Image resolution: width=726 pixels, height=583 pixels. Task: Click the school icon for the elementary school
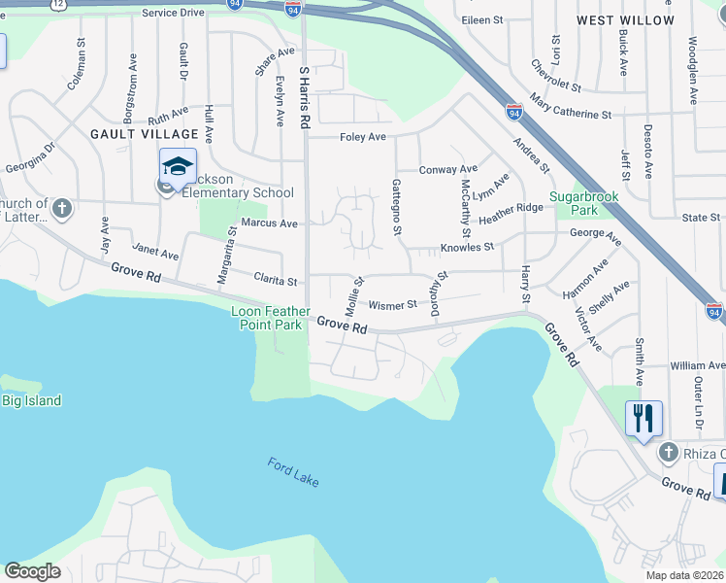click(x=179, y=166)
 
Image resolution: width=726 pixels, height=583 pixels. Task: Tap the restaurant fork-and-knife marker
click(x=643, y=419)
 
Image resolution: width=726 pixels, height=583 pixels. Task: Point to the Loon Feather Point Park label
click(x=271, y=318)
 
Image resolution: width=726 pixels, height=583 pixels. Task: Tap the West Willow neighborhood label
click(x=639, y=20)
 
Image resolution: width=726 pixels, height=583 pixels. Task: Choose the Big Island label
click(x=31, y=400)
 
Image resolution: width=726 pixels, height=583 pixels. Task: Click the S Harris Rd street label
click(x=304, y=98)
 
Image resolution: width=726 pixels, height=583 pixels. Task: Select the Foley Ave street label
click(x=363, y=137)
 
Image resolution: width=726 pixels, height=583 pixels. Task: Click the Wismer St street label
click(x=392, y=304)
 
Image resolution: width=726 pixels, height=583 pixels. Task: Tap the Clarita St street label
click(x=275, y=281)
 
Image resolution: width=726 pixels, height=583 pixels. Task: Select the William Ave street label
click(x=697, y=366)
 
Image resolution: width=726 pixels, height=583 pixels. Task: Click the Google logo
click(x=32, y=571)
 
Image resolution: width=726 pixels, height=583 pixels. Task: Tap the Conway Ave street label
click(x=448, y=169)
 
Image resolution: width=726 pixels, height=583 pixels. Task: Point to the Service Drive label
click(x=173, y=13)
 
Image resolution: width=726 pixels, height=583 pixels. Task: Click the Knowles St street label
click(x=468, y=248)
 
